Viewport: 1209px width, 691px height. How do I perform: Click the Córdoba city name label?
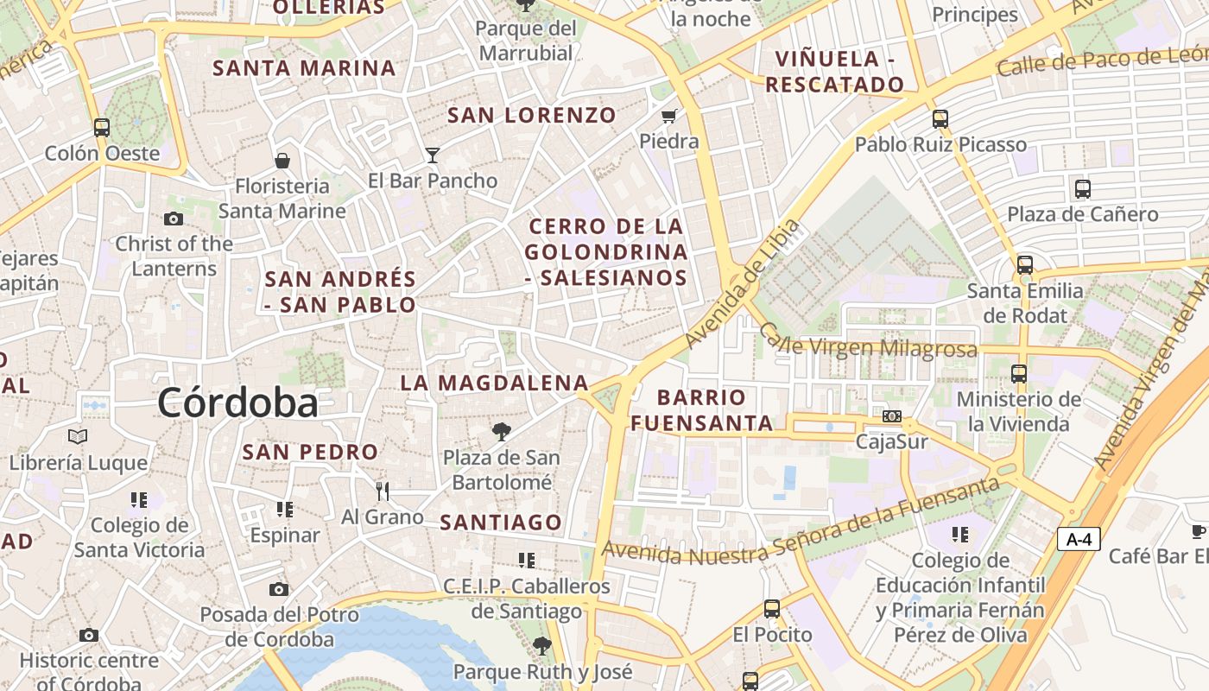click(237, 403)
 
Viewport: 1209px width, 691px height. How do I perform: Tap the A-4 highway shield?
click(1079, 540)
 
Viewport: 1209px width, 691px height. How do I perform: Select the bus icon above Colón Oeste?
click(102, 128)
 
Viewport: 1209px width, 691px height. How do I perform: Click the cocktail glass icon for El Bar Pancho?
click(433, 155)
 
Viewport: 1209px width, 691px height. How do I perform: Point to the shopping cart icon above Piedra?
click(668, 116)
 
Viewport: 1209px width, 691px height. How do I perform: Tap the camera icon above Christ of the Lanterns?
click(174, 219)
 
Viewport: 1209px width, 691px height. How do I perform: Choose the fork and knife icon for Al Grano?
click(383, 491)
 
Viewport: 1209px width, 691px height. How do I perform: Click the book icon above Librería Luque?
click(78, 437)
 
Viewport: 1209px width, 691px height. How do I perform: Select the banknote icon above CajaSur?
click(892, 416)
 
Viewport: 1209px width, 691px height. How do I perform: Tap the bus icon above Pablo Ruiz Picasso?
click(940, 119)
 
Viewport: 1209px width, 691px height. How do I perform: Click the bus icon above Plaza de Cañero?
click(1082, 188)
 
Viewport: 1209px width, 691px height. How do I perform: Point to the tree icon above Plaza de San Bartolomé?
click(501, 432)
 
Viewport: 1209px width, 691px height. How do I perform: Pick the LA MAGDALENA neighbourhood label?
click(494, 383)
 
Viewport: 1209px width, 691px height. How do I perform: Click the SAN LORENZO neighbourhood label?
click(532, 115)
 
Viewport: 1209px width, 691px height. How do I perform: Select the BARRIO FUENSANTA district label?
click(701, 410)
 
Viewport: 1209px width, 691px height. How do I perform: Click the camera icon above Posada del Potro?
click(278, 590)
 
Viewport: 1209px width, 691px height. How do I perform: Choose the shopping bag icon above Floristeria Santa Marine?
click(282, 161)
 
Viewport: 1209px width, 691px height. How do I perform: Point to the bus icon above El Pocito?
click(772, 609)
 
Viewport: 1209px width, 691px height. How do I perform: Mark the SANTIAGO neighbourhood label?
click(501, 522)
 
